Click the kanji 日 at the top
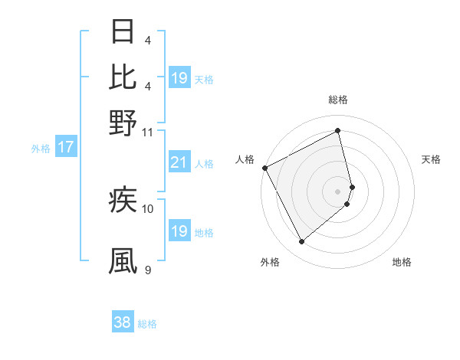[123, 31]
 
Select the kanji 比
[123, 77]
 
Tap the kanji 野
[123, 123]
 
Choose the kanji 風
[123, 260]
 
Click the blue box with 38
[123, 322]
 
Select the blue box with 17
[66, 147]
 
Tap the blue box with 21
[179, 162]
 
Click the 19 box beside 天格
[179, 78]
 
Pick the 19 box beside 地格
[179, 231]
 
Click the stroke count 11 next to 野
[148, 132]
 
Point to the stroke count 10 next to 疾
[148, 208]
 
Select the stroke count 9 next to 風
[148, 270]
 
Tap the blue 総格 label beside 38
[147, 324]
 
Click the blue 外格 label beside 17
[41, 149]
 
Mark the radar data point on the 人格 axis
[264, 168]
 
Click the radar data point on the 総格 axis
[338, 130]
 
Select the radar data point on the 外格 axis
[301, 242]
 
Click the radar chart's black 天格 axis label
[431, 159]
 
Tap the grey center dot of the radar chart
[338, 191]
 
